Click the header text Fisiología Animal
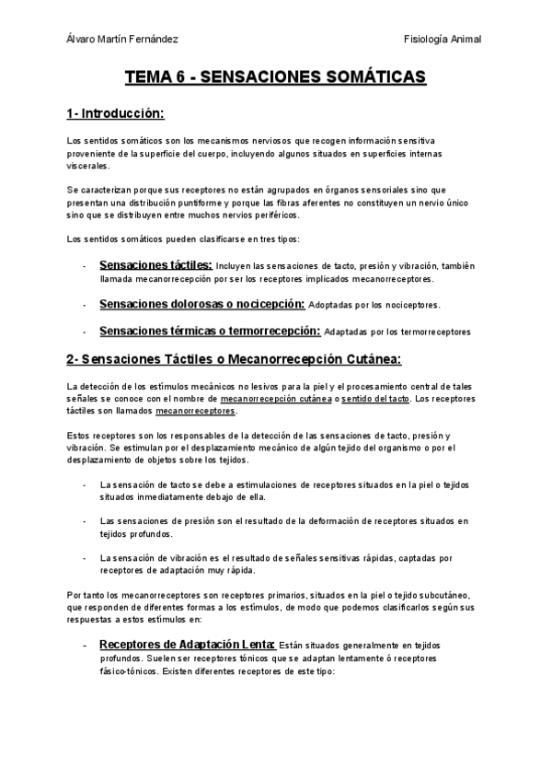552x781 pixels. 443,39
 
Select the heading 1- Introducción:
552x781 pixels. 115,114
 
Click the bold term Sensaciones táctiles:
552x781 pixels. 155,265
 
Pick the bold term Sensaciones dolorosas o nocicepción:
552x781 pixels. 201,304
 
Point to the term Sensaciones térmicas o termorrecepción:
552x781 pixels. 210,331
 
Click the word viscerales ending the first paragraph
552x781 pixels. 87,167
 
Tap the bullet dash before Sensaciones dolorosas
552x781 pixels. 85,305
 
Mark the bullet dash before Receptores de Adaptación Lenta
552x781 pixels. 85,646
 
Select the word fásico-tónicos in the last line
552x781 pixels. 127,671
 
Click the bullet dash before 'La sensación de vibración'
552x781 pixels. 85,557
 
